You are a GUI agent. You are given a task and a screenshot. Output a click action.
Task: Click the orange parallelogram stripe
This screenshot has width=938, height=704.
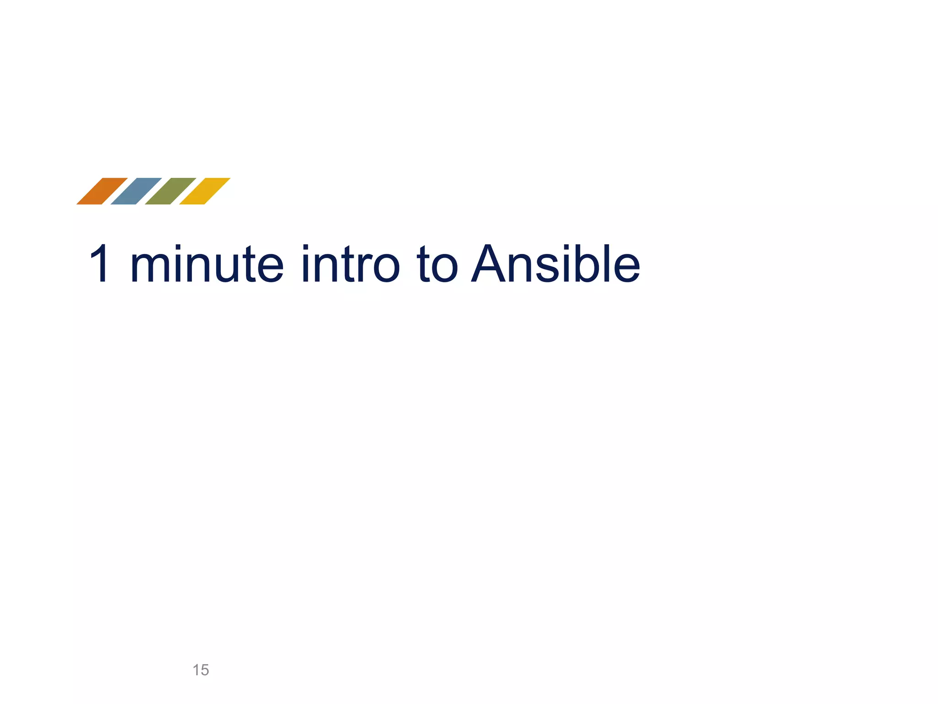pyautogui.click(x=102, y=191)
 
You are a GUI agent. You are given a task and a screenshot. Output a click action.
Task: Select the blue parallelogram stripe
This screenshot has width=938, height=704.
pyautogui.click(x=136, y=191)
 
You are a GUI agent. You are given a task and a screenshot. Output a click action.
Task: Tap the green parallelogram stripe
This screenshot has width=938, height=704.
pyautogui.click(x=170, y=191)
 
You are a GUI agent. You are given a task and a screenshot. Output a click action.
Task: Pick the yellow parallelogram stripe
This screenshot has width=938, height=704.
pyautogui.click(x=205, y=191)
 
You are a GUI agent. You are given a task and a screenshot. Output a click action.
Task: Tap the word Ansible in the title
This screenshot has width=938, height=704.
pyautogui.click(x=556, y=264)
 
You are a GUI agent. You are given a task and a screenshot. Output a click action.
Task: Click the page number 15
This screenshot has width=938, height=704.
pyautogui.click(x=201, y=670)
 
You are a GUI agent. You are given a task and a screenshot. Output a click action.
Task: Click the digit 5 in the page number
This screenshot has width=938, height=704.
pyautogui.click(x=205, y=670)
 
